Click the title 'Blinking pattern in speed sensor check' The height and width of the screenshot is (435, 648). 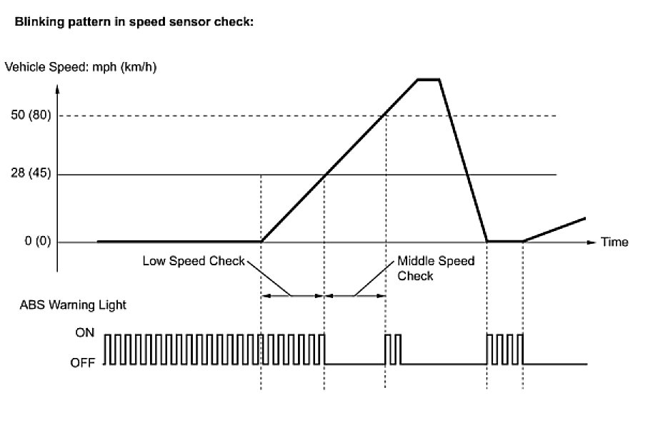pos(130,22)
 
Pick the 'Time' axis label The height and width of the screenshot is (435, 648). pos(614,242)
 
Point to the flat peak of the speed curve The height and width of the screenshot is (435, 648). pos(429,78)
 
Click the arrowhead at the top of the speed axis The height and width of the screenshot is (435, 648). pos(58,91)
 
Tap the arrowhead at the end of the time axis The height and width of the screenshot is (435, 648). pos(590,242)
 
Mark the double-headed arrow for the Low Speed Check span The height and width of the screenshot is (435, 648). pos(293,295)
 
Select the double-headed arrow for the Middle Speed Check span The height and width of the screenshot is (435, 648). pos(355,295)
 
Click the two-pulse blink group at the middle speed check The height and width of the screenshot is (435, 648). pos(394,349)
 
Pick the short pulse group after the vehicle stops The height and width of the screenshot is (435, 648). pos(504,349)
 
